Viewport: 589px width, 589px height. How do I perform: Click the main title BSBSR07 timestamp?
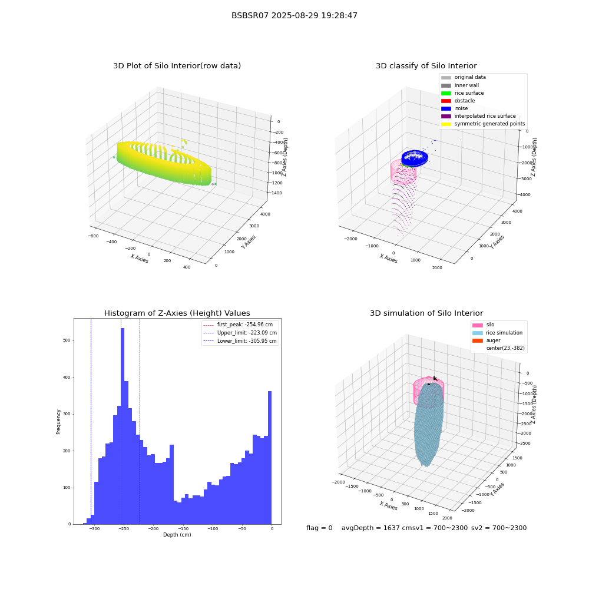coord(294,15)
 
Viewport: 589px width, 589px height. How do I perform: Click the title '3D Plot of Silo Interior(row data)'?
coord(177,66)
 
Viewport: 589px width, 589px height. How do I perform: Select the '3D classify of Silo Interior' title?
coord(426,66)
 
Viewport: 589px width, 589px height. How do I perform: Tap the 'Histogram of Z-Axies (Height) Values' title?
coord(177,313)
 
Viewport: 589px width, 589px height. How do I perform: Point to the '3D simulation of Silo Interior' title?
coord(426,313)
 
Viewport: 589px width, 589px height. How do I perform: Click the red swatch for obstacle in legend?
coord(446,101)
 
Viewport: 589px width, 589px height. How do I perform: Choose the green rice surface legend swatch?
coord(446,93)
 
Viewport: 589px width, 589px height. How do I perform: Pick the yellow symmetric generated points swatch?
coord(446,124)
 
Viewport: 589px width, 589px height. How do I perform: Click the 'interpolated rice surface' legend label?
coord(485,116)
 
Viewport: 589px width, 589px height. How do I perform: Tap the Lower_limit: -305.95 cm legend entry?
coord(240,341)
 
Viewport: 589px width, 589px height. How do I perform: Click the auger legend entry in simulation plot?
coord(486,340)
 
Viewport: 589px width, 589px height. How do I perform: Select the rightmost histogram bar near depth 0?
coord(269,458)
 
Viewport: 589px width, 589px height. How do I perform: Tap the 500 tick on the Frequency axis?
coord(67,340)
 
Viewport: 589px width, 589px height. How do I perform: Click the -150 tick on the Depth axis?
coord(183,528)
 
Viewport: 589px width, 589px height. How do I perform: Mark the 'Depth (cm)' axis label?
coord(177,535)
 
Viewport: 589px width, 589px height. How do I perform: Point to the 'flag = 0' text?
coord(319,528)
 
